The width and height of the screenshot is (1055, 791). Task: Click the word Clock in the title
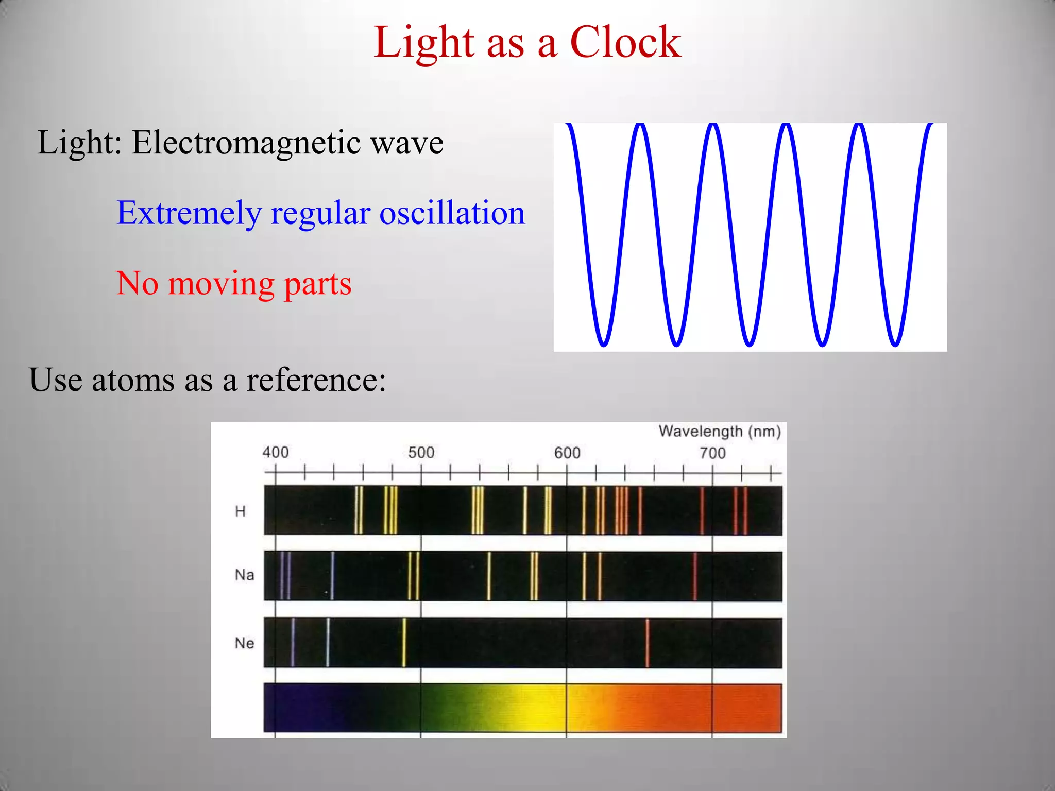tap(625, 42)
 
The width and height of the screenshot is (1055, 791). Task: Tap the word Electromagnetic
tap(246, 143)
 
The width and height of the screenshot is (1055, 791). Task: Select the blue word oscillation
tap(452, 213)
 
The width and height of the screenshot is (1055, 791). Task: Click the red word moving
tap(222, 283)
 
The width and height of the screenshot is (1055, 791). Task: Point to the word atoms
tap(133, 380)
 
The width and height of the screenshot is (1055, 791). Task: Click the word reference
tap(315, 380)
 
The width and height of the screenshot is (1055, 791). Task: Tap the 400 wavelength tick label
tap(276, 453)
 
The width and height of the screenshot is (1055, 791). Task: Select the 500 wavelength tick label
tap(421, 453)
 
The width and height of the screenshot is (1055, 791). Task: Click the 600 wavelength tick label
tap(567, 453)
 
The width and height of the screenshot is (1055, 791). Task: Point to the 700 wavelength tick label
tap(712, 453)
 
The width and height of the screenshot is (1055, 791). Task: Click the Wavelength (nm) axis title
tap(719, 431)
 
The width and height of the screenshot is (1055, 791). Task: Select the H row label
tap(240, 511)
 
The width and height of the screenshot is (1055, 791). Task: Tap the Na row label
tap(244, 575)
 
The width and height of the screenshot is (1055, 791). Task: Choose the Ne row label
tap(244, 643)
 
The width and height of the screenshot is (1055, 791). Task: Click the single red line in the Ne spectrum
tap(648, 643)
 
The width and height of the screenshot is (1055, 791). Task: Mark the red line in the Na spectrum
tap(695, 576)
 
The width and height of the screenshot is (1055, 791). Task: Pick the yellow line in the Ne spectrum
tap(404, 643)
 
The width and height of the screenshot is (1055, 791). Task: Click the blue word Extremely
tap(189, 213)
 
